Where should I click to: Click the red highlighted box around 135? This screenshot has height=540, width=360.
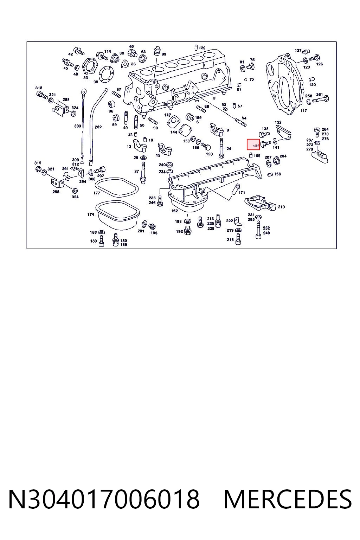click(x=253, y=144)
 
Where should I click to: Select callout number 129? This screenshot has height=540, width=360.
click(x=202, y=48)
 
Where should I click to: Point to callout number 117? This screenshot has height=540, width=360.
click(x=303, y=110)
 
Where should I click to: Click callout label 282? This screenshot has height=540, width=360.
click(x=98, y=127)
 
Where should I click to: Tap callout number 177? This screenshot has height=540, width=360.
click(x=96, y=193)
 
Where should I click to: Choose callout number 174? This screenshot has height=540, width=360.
click(x=91, y=214)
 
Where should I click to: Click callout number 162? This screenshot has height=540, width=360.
click(x=174, y=211)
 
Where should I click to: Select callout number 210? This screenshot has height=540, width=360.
click(x=281, y=207)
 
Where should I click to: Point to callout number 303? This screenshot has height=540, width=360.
click(x=77, y=126)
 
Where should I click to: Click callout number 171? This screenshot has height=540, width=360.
click(x=242, y=193)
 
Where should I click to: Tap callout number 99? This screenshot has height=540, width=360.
click(x=164, y=54)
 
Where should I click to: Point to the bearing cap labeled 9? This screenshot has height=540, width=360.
click(x=217, y=129)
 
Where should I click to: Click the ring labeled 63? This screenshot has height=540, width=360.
click(x=143, y=59)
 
